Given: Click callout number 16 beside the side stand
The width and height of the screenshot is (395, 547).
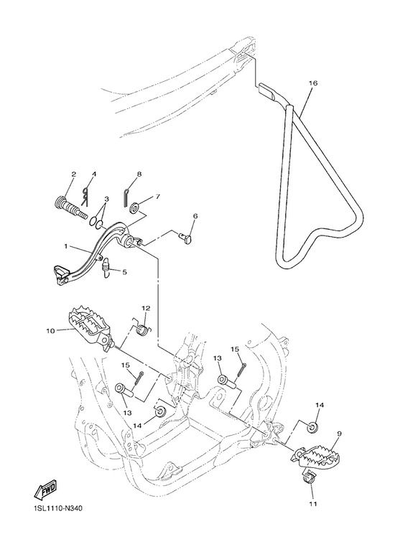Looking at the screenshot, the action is coord(313,83).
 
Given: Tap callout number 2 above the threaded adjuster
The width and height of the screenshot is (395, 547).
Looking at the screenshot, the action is coord(74,174).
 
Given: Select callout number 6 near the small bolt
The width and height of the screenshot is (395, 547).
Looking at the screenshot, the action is coord(195,216).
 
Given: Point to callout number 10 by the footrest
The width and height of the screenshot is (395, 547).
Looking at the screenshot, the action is coord(50,331).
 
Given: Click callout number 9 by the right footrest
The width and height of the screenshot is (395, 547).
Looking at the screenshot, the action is coord(339,434).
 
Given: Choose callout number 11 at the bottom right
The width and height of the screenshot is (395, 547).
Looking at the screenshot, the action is coord(313,504).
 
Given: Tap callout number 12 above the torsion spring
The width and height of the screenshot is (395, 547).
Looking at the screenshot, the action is coord(146,308).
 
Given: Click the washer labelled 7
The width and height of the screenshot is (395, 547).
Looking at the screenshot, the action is coord(134,210).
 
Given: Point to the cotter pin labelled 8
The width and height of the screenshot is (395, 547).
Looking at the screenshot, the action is coord(126,198).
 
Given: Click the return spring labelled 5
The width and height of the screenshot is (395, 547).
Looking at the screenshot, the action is coord(106,268).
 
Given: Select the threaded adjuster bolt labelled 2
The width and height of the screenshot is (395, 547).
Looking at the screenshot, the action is coord(71,207).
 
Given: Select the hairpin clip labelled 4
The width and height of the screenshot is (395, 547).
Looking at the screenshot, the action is coord(85,197).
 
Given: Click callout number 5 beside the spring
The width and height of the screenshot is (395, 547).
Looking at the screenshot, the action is coord(124,272).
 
